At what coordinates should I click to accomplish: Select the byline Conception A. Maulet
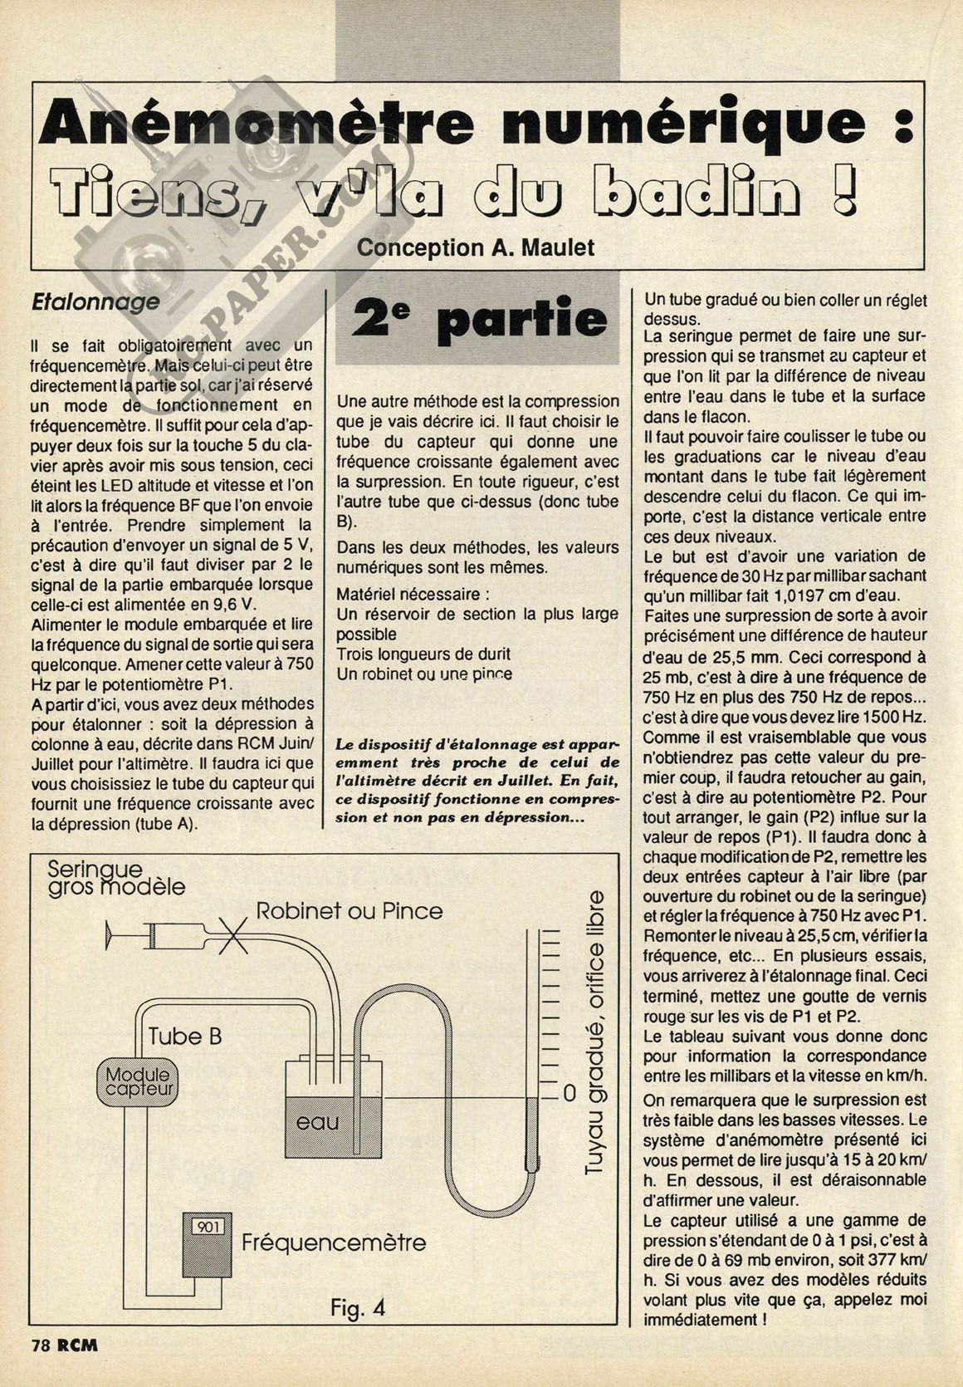pyautogui.click(x=477, y=248)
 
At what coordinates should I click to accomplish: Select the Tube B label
pyautogui.click(x=185, y=1036)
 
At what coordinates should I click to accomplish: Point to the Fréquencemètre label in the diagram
pyautogui.click(x=334, y=1242)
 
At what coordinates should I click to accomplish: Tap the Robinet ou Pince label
pyautogui.click(x=349, y=910)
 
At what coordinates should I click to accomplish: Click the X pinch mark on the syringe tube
pyautogui.click(x=236, y=937)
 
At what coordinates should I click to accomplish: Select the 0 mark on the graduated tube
pyautogui.click(x=569, y=1092)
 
